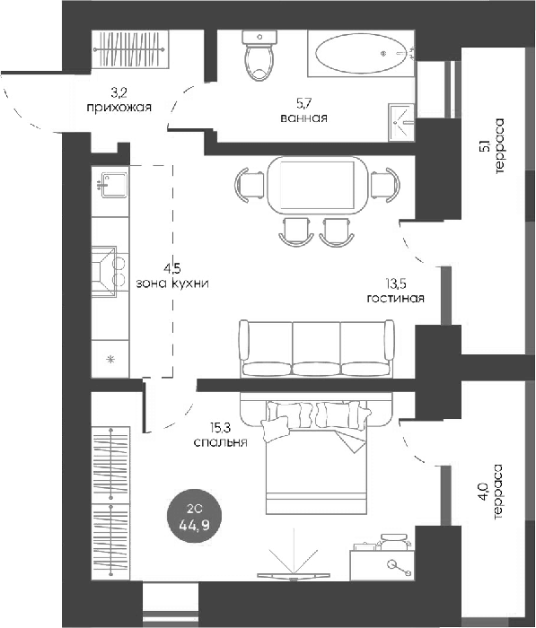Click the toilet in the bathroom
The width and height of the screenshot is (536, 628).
259,56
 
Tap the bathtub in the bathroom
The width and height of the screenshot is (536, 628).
361,54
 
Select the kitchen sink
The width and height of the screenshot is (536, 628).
114,185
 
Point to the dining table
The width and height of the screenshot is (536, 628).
317,186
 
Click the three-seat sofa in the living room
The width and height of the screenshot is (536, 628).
317,348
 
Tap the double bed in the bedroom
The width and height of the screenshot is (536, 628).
317,457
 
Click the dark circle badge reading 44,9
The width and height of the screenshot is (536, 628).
194,519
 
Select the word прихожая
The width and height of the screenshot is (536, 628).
119,108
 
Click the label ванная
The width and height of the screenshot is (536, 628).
303,118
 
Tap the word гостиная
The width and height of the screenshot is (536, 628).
395,299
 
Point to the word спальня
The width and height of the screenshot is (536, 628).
220,442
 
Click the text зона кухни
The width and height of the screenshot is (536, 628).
172,283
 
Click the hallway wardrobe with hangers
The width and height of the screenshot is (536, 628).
128,49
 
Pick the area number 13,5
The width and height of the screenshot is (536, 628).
396,284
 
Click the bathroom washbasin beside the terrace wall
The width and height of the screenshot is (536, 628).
401,122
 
